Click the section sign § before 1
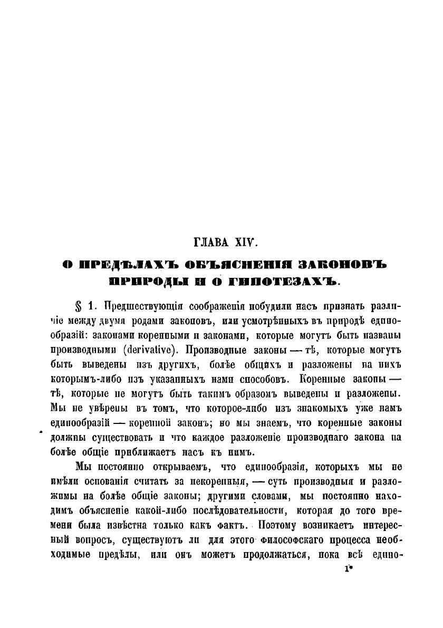(80, 306)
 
